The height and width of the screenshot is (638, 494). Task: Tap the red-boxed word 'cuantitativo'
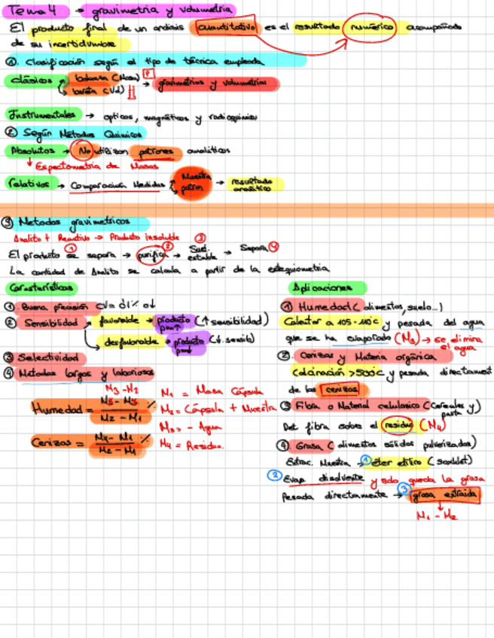point(226,27)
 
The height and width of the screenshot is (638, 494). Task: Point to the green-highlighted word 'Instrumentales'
point(41,116)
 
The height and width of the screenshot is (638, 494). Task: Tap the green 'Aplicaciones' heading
point(327,288)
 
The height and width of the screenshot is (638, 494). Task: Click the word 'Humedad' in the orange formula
point(56,409)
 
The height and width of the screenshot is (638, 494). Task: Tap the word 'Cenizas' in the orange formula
point(57,443)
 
